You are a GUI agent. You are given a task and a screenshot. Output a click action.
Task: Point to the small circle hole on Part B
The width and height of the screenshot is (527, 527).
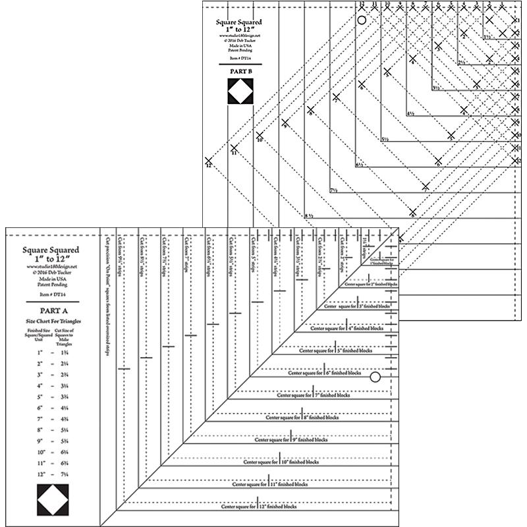point(361,20)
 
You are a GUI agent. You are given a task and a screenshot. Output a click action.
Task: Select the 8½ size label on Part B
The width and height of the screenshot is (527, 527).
point(308,215)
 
